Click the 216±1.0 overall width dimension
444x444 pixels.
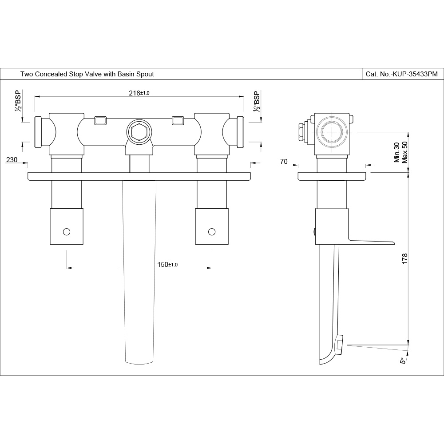point(139,93)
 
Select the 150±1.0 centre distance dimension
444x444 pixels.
point(167,265)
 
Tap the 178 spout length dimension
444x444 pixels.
point(404,259)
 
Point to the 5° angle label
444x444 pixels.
point(403,361)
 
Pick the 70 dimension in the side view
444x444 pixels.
point(284,162)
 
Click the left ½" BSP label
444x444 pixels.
point(18,102)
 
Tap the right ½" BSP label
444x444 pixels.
point(256,102)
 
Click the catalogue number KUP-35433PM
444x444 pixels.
point(401,74)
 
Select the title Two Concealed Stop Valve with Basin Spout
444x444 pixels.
point(87,74)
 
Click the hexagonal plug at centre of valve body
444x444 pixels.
point(139,131)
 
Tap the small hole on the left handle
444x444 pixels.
point(67,231)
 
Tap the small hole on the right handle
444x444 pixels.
point(211,231)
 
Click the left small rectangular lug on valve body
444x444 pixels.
point(101,120)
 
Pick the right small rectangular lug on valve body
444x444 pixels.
point(178,120)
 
